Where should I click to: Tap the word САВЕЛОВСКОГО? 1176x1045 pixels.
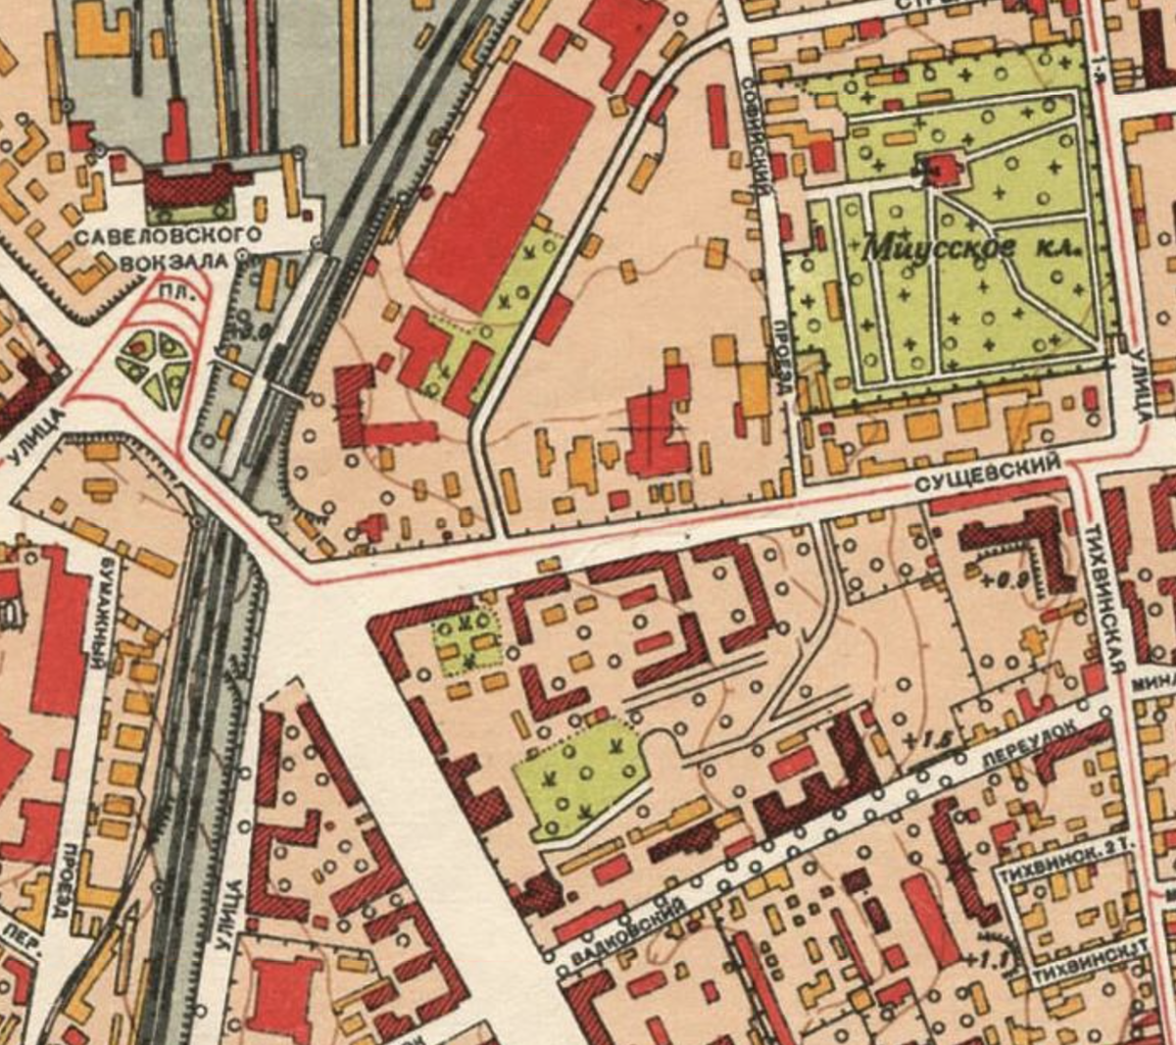(169, 236)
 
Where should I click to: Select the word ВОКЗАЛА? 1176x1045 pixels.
(174, 262)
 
